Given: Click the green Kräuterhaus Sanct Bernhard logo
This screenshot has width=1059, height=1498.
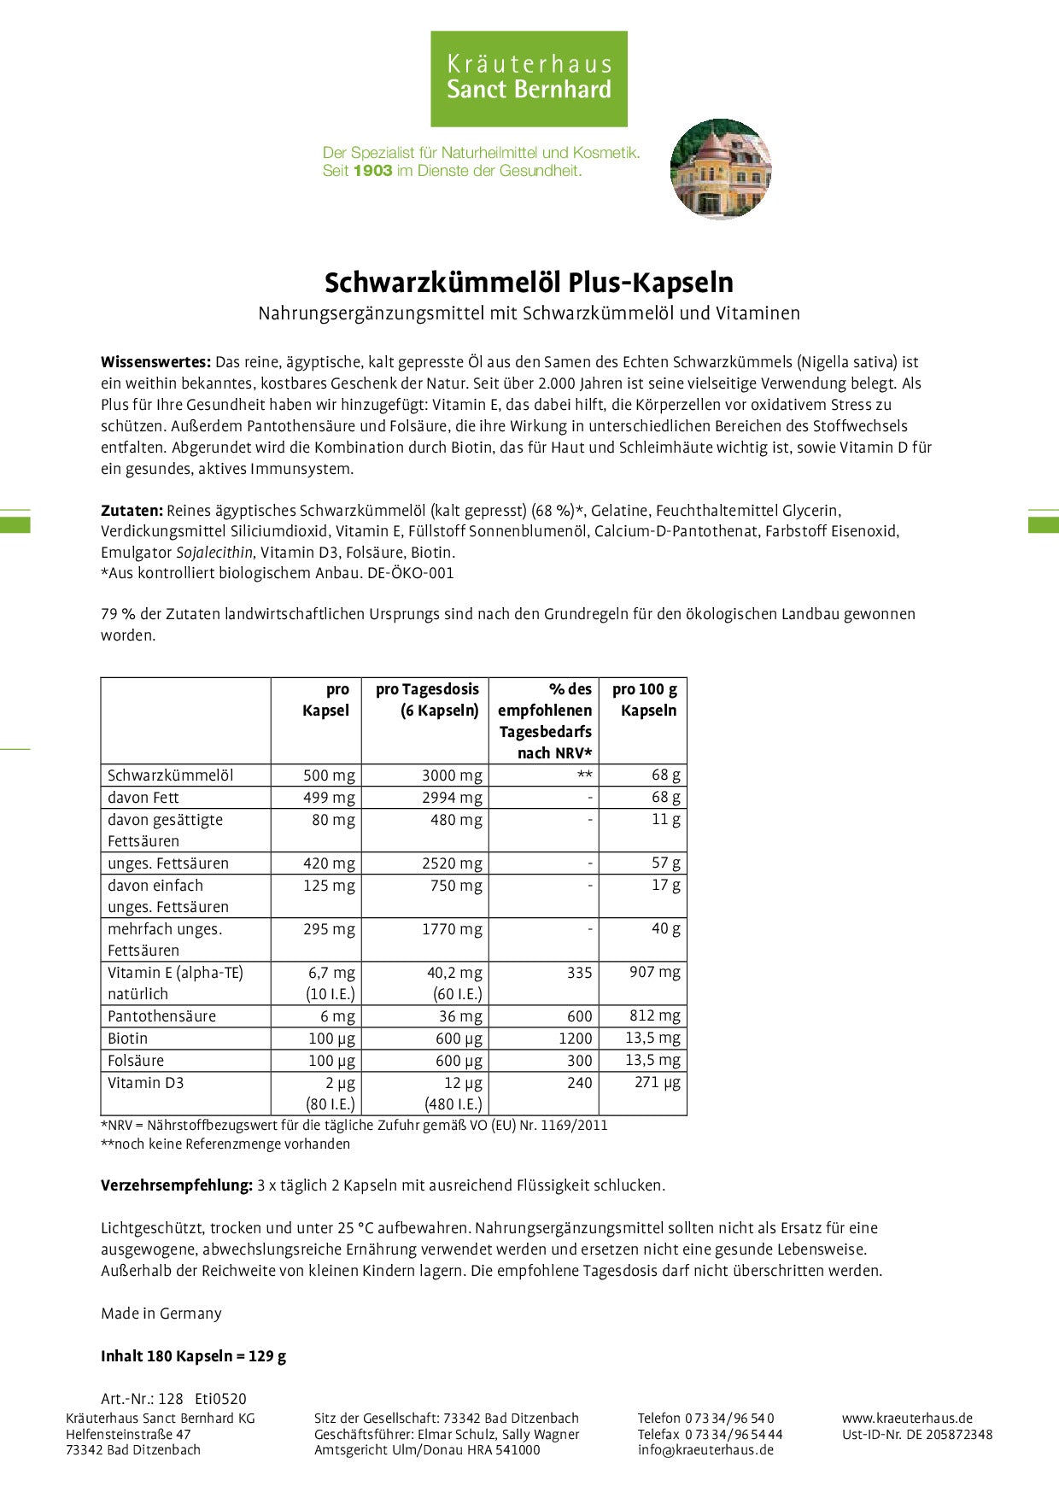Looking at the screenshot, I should click(x=529, y=79).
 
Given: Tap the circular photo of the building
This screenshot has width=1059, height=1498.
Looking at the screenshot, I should click(x=720, y=168).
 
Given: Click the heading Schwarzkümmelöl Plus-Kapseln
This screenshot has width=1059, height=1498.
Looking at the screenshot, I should click(x=529, y=283).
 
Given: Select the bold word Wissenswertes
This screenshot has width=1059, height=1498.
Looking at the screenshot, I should click(x=155, y=362).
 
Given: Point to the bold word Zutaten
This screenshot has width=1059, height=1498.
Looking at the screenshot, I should click(x=132, y=511).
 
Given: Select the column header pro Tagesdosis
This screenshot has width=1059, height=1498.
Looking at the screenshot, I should click(x=427, y=690).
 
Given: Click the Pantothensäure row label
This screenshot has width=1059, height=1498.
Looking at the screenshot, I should click(x=161, y=1016).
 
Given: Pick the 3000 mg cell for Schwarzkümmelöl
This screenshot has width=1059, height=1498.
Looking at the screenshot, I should click(x=452, y=775).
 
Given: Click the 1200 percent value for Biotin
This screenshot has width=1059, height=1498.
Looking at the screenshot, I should click(x=575, y=1039).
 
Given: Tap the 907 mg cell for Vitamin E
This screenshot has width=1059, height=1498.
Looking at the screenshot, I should click(x=654, y=973).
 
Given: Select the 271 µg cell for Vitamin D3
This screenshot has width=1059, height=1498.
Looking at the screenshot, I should click(x=658, y=1083).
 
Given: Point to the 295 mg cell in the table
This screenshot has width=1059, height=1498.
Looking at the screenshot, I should click(x=329, y=929).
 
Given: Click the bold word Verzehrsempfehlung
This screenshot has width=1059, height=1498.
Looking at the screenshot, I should click(x=177, y=1185).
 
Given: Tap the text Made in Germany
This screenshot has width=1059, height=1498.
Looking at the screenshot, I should click(x=161, y=1314).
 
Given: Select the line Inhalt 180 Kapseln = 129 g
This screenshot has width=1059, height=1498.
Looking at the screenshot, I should click(x=193, y=1356).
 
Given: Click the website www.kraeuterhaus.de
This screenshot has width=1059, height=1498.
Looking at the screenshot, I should click(x=907, y=1419).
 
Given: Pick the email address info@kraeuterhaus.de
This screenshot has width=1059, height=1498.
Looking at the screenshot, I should click(x=705, y=1450).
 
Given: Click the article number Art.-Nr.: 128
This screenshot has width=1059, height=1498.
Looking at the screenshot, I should click(x=142, y=1399).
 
